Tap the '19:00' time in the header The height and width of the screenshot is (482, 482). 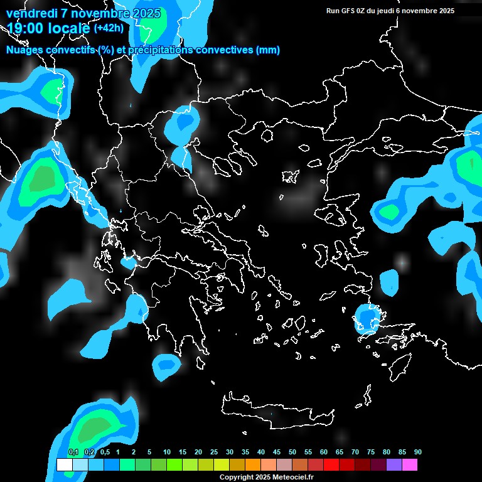tap(25, 28)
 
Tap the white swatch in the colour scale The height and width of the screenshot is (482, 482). tap(64, 465)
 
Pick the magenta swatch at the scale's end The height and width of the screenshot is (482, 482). tap(409, 465)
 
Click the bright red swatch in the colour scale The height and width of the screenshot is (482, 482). tap(331, 465)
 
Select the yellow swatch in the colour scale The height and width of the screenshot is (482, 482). tap(222, 465)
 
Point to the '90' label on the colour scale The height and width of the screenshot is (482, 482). tap(418, 452)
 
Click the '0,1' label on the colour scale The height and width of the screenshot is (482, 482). tap(73, 452)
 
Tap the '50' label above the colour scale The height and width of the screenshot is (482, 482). tap(292, 452)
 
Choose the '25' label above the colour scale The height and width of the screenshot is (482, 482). tap(214, 452)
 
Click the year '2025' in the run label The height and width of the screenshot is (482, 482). tap(446, 11)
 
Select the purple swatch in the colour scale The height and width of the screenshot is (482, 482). tap(394, 465)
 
